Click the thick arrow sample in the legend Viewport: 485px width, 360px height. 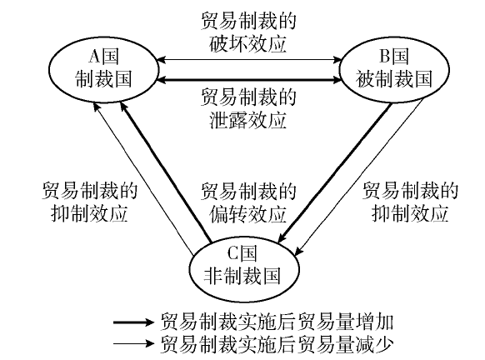(x=133, y=322)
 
